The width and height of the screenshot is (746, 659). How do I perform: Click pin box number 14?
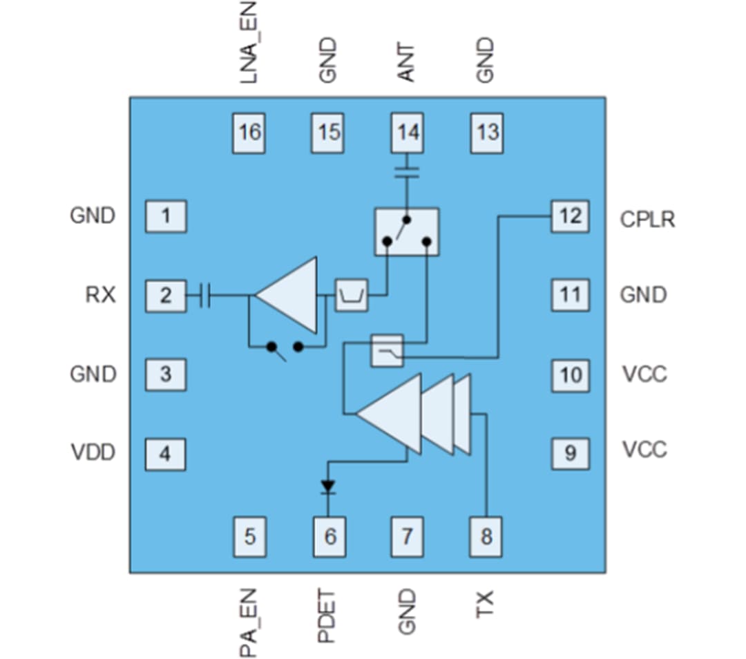click(x=408, y=133)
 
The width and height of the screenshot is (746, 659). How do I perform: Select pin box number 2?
click(x=165, y=296)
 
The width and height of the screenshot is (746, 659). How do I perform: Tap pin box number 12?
click(x=571, y=216)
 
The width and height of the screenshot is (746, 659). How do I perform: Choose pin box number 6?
click(x=329, y=536)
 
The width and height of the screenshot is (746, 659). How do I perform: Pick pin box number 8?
click(x=487, y=536)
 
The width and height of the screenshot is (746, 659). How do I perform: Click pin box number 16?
click(x=249, y=133)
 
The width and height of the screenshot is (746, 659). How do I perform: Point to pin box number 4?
click(x=165, y=454)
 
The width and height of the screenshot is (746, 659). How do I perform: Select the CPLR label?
click(x=647, y=219)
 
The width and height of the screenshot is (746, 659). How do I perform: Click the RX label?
click(x=100, y=296)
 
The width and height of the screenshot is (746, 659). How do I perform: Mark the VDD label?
click(x=93, y=453)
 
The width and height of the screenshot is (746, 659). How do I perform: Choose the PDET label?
click(x=327, y=615)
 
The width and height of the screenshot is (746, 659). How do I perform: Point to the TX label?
click(x=486, y=604)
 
